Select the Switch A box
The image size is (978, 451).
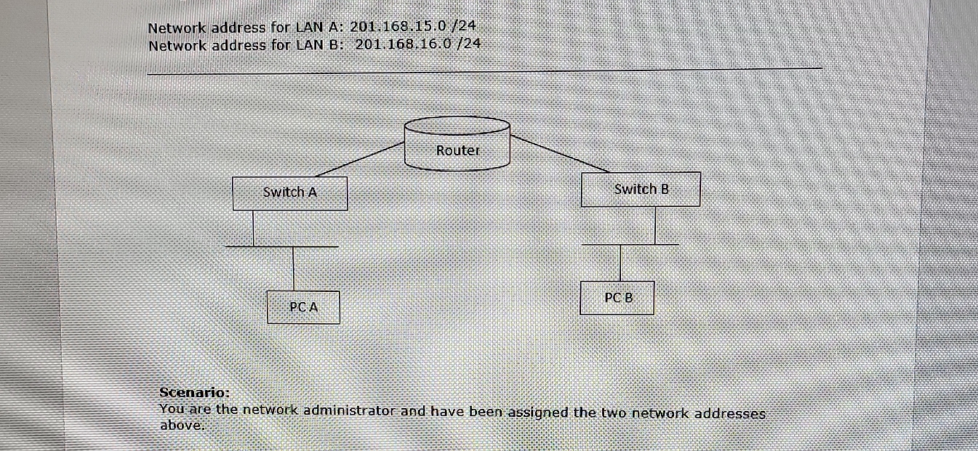pos(290,193)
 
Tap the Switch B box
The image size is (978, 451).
pos(641,190)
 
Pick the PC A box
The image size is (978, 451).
pos(302,307)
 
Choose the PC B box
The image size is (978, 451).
pos(617,298)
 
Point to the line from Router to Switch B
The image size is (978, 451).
pos(560,153)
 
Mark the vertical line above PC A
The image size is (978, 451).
pos(294,269)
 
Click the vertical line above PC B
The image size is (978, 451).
pos(620,262)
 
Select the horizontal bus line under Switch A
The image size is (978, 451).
pos(282,247)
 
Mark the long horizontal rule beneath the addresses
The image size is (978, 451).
pos(484,70)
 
